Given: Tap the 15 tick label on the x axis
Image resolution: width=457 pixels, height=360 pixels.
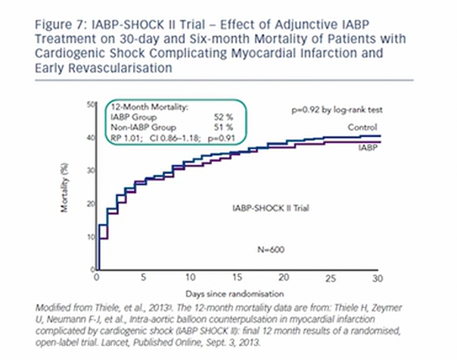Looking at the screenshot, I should (x=237, y=278).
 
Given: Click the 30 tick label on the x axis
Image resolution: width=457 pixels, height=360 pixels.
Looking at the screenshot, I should (x=376, y=278).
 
